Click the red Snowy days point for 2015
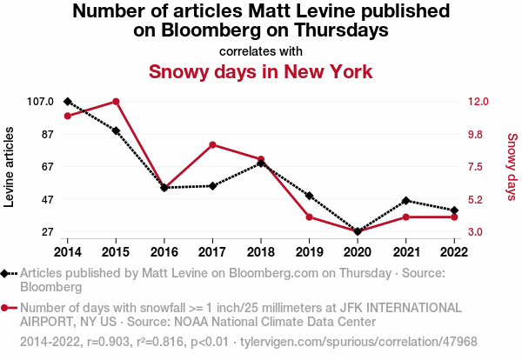tap(116, 102)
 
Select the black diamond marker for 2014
tap(68, 102)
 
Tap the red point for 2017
tap(212, 144)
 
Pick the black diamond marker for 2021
tap(405, 201)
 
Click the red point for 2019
tap(309, 217)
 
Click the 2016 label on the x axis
tap(164, 251)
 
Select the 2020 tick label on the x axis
tap(358, 251)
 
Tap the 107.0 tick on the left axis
tap(39, 102)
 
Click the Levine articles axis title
tap(10, 167)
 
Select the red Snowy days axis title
tap(512, 167)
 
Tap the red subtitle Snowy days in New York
tap(261, 71)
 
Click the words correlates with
tap(261, 50)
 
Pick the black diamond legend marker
tap(7, 273)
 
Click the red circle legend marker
tap(7, 308)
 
